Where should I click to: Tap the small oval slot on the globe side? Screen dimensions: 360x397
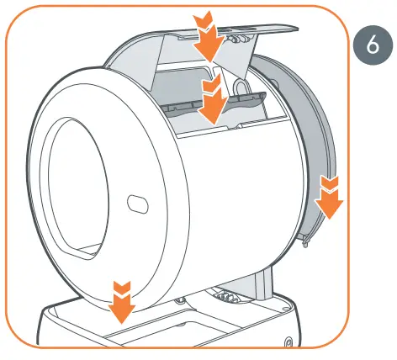coord(135,204)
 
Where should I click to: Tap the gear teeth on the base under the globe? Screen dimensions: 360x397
coord(223,295)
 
